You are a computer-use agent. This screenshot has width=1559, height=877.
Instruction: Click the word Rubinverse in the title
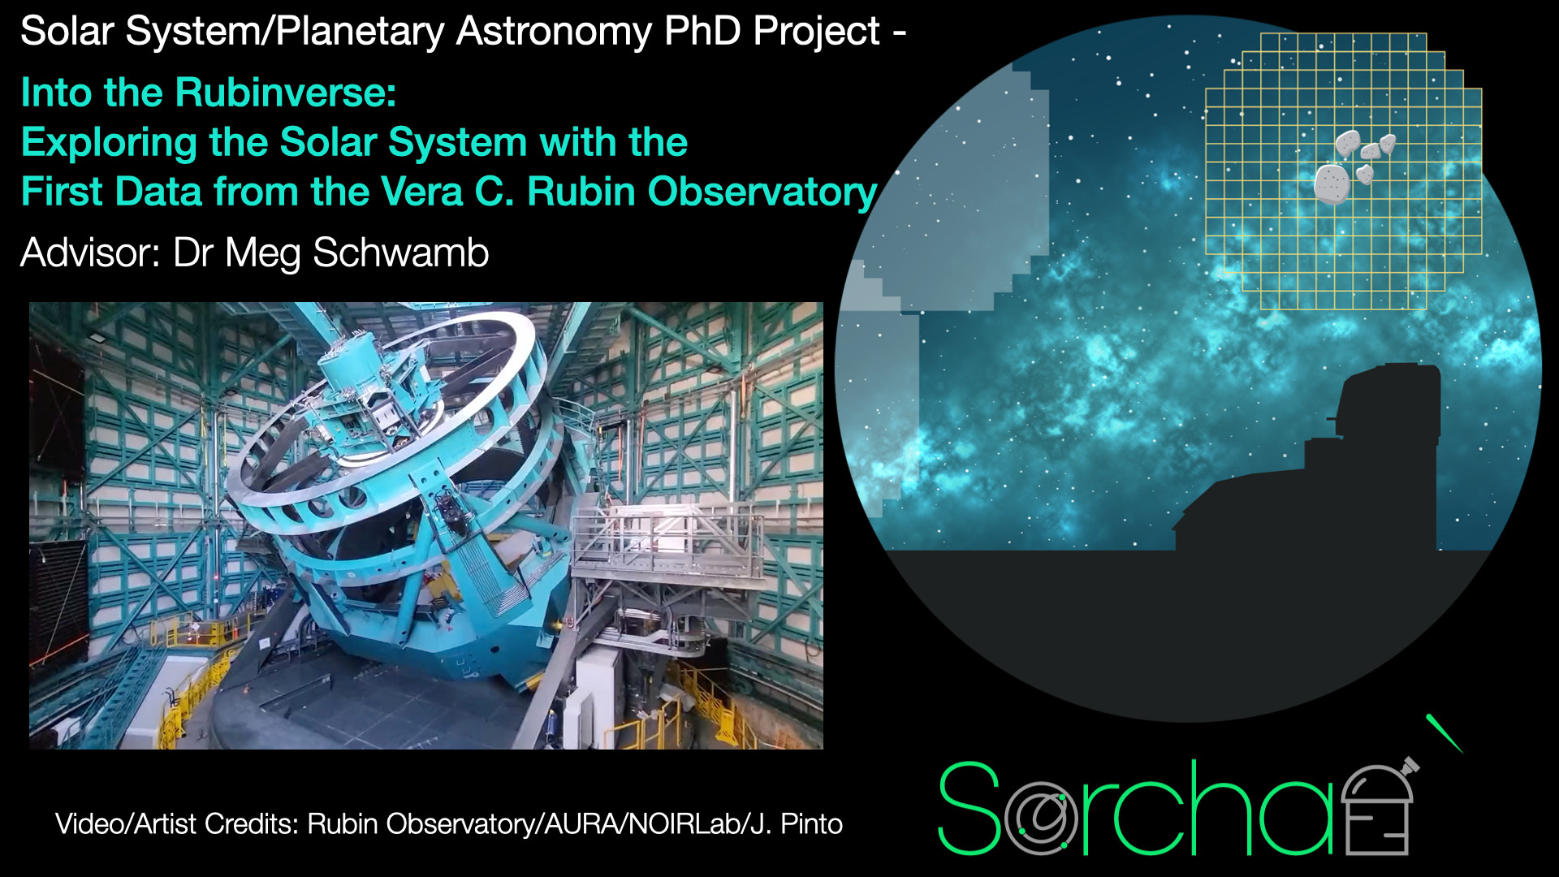286,93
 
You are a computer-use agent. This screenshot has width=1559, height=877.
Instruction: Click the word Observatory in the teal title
762,193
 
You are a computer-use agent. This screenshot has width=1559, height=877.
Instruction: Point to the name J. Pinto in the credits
796,824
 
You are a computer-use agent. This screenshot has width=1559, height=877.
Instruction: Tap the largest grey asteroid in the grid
1332,184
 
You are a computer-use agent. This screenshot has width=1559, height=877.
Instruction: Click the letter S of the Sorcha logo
970,808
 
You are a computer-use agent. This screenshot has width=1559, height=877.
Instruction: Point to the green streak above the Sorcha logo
1445,733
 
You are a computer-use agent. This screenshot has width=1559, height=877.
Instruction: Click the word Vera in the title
421,192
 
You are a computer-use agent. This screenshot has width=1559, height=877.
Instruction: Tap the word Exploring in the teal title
110,144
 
